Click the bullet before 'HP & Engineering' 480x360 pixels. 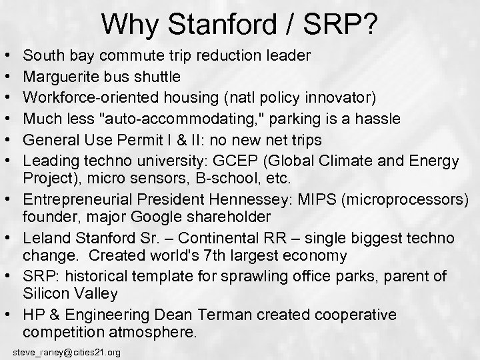11,314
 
